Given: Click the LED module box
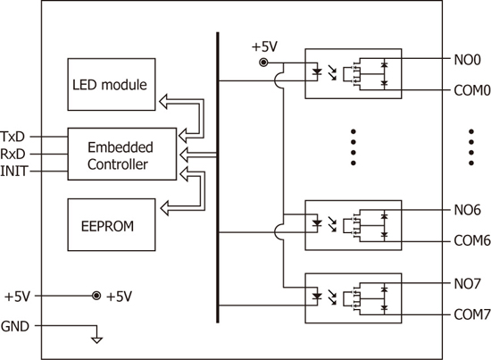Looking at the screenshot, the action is pyautogui.click(x=112, y=84).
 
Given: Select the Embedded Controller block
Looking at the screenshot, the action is pyautogui.click(x=122, y=154).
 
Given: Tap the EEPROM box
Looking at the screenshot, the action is pyautogui.click(x=112, y=224).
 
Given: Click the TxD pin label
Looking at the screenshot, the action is pyautogui.click(x=12, y=137).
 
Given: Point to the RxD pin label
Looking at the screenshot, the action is pyautogui.click(x=12, y=154).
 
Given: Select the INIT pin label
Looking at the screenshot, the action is pyautogui.click(x=14, y=172).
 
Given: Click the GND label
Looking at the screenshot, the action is pyautogui.click(x=15, y=326).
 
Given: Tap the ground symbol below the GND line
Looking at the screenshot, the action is pyautogui.click(x=96, y=339).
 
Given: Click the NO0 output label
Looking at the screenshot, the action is pyautogui.click(x=467, y=60).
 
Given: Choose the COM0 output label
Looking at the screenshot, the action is pyautogui.click(x=472, y=90).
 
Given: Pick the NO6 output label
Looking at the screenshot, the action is pyautogui.click(x=467, y=210).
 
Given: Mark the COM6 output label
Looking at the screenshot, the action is pyautogui.click(x=472, y=240).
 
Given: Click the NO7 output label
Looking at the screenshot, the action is pyautogui.click(x=467, y=283).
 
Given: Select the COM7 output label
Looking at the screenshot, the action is pyautogui.click(x=472, y=314).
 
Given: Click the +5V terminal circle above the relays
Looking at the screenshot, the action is pyautogui.click(x=263, y=63).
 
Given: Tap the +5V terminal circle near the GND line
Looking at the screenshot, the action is pyautogui.click(x=96, y=296).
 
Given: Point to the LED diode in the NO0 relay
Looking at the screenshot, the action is pyautogui.click(x=318, y=72).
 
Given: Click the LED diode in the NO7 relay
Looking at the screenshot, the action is pyautogui.click(x=318, y=296).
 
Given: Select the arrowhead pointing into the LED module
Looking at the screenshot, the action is pyautogui.click(x=163, y=102).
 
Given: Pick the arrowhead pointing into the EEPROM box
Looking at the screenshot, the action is pyautogui.click(x=164, y=208).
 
